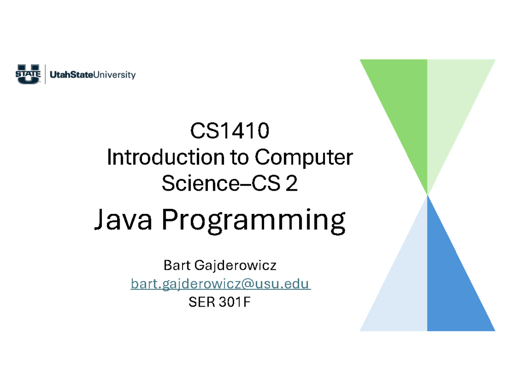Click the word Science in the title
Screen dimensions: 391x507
[x=191, y=184]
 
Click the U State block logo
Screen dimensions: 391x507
[x=28, y=75]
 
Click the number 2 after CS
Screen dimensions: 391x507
[x=291, y=184]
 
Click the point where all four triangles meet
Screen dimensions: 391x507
[x=428, y=195]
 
